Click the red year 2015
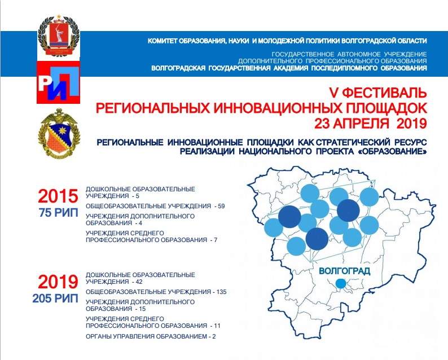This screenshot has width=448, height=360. [58, 197]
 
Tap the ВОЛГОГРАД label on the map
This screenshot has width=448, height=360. [344, 271]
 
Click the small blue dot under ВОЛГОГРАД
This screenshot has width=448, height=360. [340, 283]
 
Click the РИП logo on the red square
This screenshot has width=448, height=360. [58, 83]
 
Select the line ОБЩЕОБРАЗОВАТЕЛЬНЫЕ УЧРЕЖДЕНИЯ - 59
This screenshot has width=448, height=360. [155, 207]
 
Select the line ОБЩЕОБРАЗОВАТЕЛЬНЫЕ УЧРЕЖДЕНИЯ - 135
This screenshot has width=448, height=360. [156, 292]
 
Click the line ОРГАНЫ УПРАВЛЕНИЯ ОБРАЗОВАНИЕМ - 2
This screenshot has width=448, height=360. [151, 336]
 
